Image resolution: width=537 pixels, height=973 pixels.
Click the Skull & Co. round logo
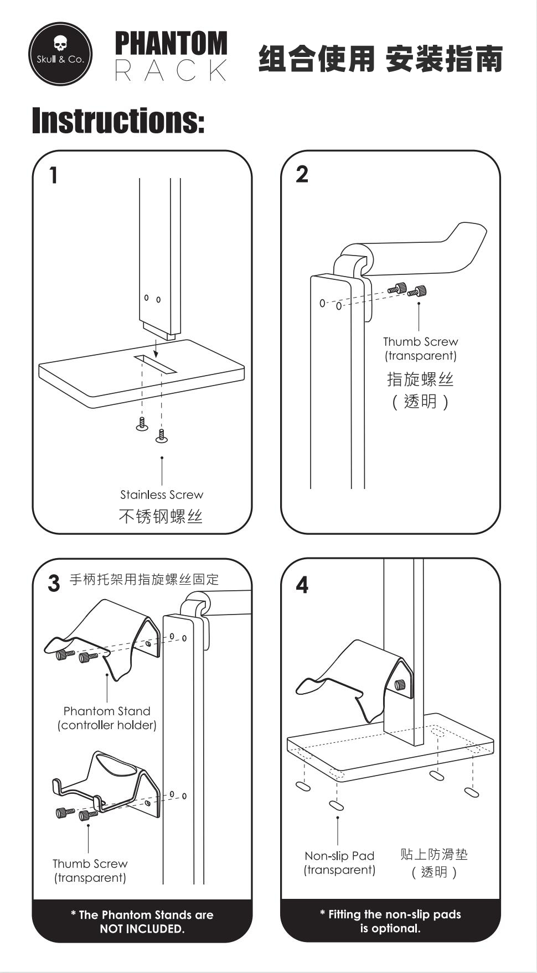[x=60, y=54]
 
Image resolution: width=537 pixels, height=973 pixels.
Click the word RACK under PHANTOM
[x=171, y=71]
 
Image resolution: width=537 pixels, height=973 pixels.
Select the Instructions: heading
[x=118, y=121]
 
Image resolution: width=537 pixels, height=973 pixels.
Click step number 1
[x=53, y=175]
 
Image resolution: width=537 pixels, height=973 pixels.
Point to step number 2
[x=302, y=174]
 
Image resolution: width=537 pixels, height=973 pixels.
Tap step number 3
[x=53, y=583]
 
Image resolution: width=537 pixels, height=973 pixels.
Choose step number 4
[x=302, y=585]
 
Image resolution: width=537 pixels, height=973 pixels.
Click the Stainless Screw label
[x=162, y=495]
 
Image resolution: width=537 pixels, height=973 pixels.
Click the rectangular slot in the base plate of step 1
[x=155, y=364]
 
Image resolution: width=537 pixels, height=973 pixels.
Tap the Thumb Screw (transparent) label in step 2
[x=421, y=348]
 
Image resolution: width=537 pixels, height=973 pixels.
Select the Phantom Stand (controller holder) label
[x=107, y=718]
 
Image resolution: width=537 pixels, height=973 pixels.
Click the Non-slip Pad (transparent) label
[x=339, y=863]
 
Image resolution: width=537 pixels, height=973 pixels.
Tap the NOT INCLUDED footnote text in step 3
[x=142, y=922]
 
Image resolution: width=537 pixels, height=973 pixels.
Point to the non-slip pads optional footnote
[x=390, y=921]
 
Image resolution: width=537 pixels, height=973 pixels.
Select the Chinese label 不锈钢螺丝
[x=161, y=517]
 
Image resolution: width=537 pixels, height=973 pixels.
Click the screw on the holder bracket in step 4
[x=400, y=685]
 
